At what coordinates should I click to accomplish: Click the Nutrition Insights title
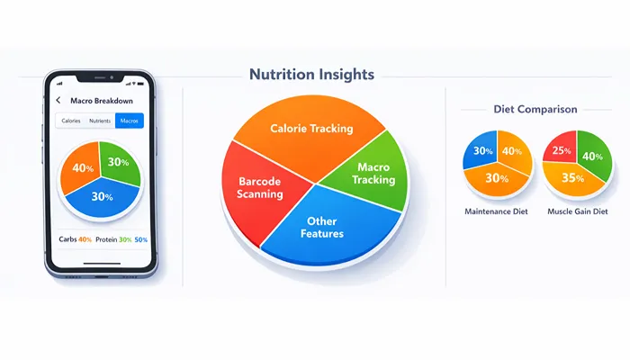click(x=312, y=76)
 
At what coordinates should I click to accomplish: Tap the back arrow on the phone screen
click(x=58, y=100)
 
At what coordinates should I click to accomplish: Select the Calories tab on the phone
click(x=70, y=121)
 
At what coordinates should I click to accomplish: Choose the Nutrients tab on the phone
click(x=100, y=121)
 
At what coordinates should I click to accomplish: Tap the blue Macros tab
click(x=130, y=121)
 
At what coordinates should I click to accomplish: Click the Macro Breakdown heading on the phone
click(x=101, y=100)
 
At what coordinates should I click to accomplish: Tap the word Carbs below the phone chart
click(x=67, y=238)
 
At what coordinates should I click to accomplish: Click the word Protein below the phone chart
click(x=106, y=238)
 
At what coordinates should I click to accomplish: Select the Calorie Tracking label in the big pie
click(x=311, y=129)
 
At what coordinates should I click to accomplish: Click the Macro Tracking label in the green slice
click(x=374, y=174)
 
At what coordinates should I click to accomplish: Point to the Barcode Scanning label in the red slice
click(x=259, y=187)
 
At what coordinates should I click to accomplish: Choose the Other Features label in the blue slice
click(x=325, y=227)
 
